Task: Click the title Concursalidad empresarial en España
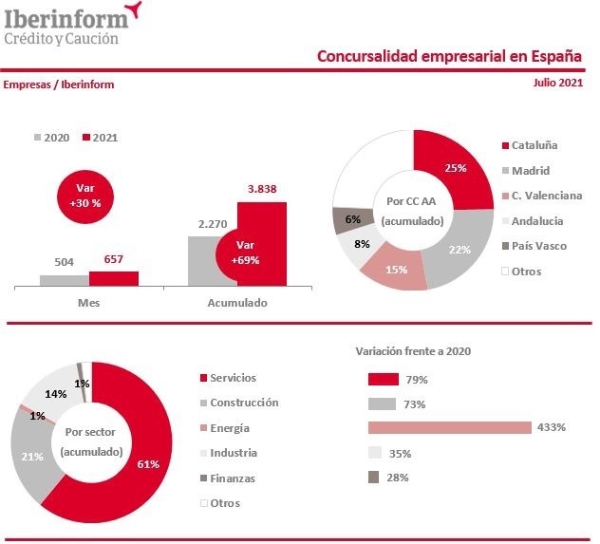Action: (449, 56)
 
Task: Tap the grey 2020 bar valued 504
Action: (64, 279)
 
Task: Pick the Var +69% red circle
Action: (247, 252)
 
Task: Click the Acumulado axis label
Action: (237, 303)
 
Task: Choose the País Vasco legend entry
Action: (537, 246)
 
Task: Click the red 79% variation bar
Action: (383, 379)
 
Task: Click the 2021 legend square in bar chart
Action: (86, 138)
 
